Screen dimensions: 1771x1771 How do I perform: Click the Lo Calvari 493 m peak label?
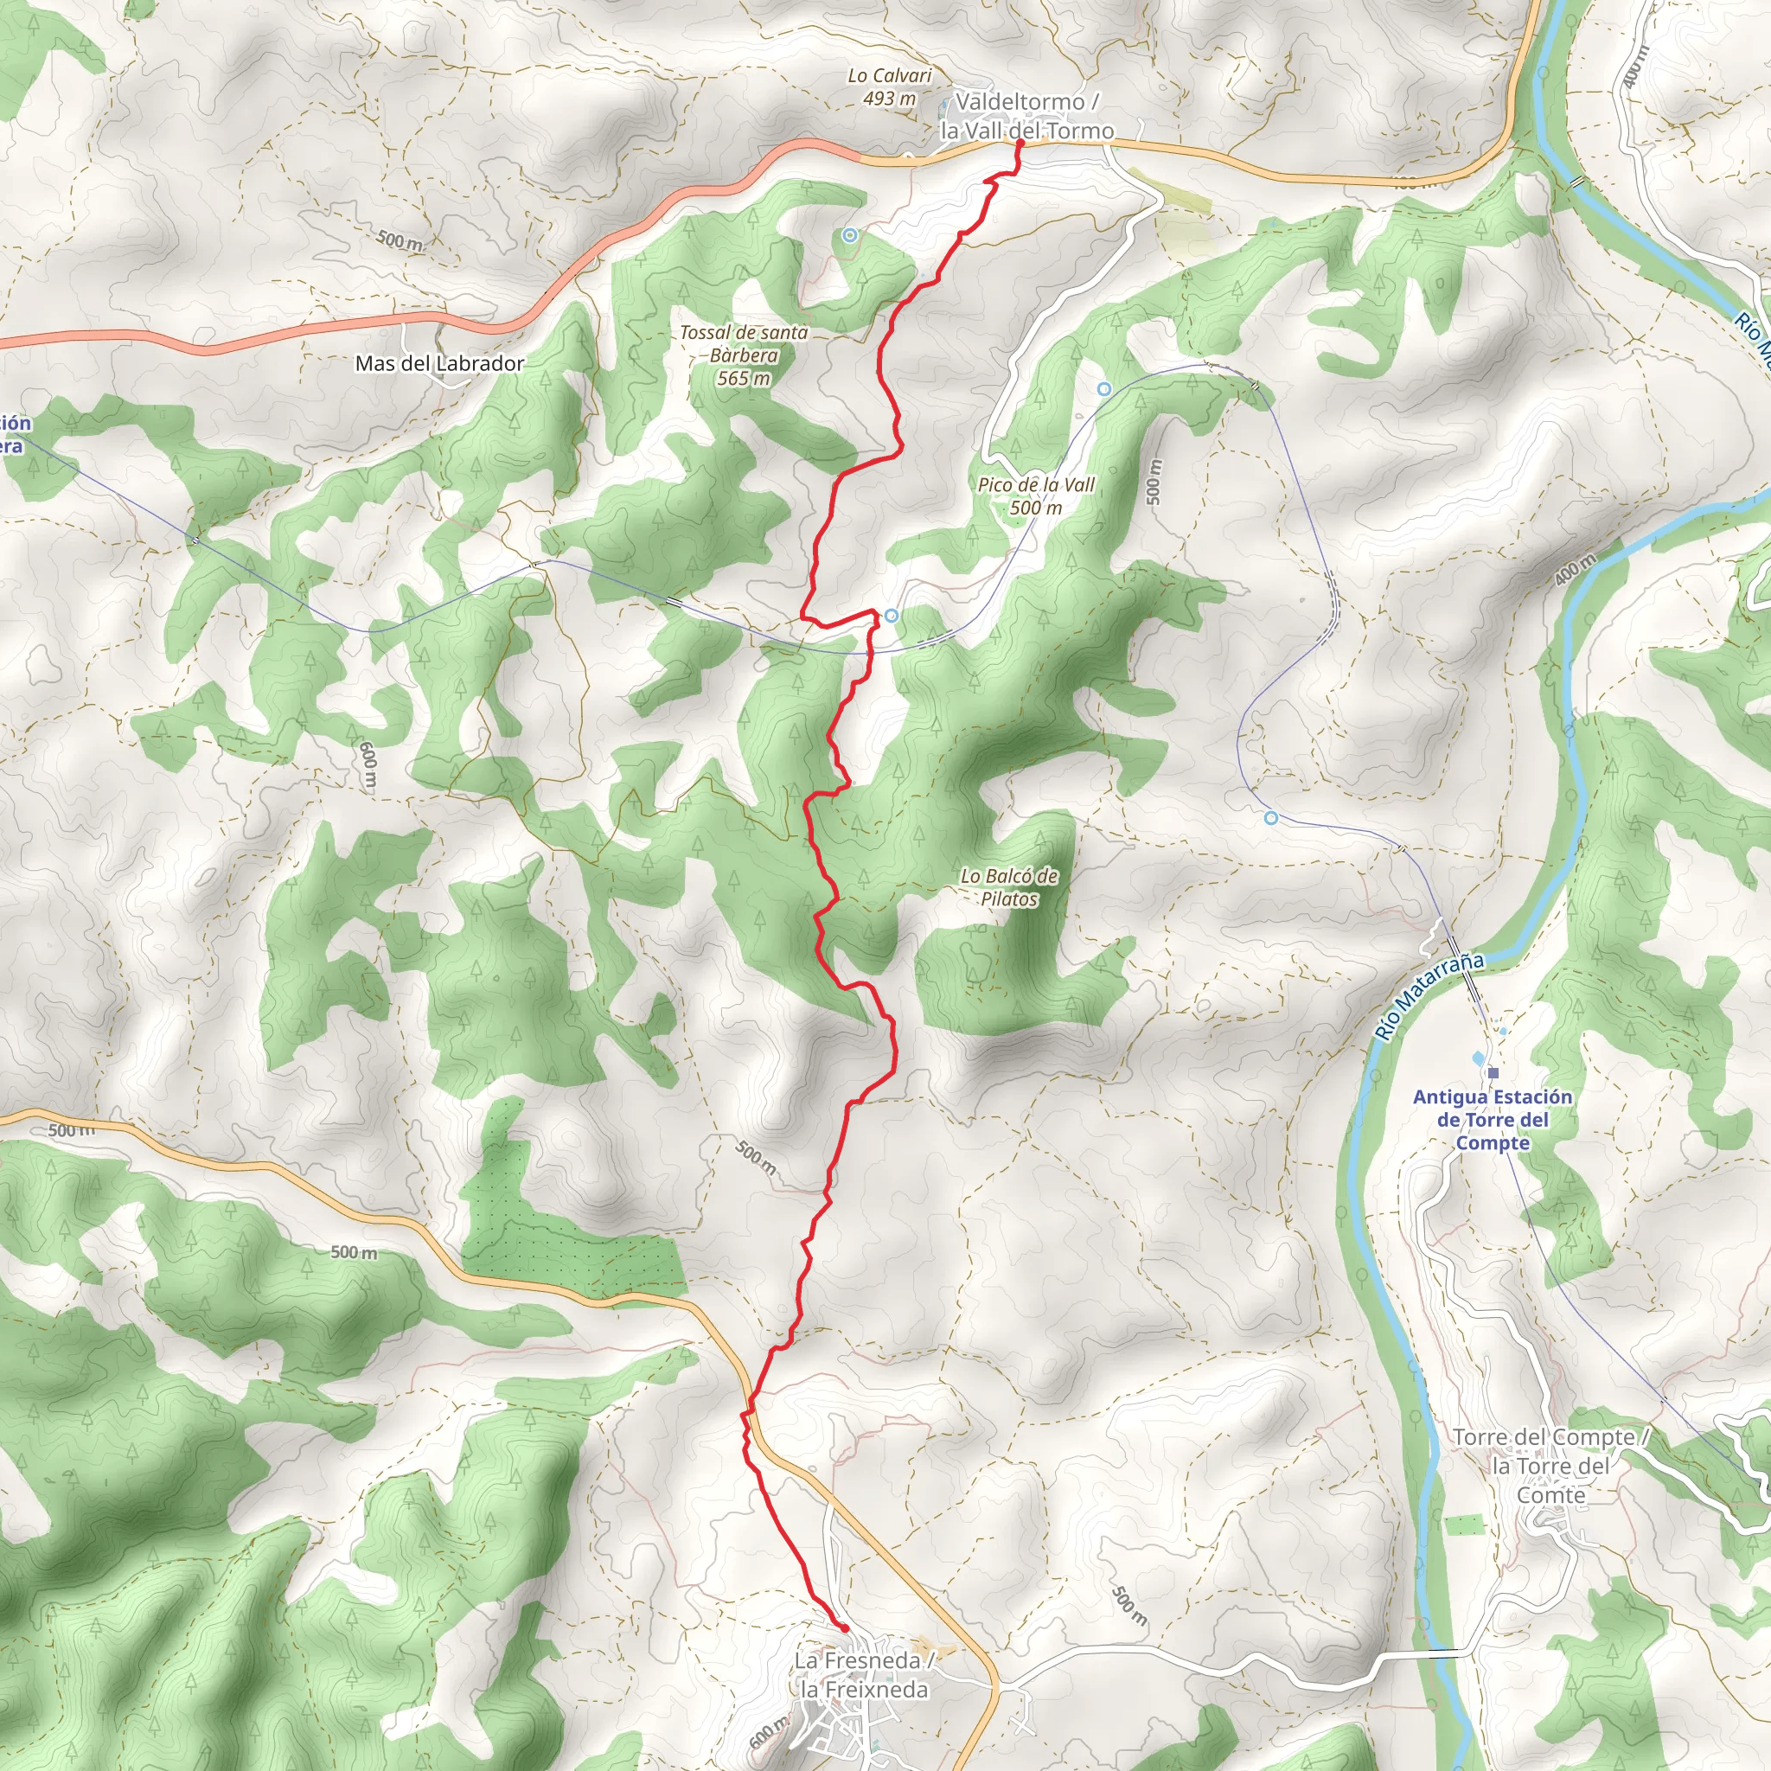(x=889, y=87)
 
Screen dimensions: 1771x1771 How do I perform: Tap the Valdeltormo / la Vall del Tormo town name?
(x=1026, y=117)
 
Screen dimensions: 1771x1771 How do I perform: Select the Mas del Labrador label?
(x=439, y=364)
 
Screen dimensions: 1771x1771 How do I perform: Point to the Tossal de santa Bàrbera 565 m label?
(x=744, y=355)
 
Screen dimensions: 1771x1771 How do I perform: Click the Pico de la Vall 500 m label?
(x=1036, y=495)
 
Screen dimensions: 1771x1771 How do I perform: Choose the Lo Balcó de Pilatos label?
(x=1009, y=887)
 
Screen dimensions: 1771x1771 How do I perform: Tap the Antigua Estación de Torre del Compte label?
(x=1493, y=1119)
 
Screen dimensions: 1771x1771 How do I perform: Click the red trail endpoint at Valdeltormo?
(x=1020, y=142)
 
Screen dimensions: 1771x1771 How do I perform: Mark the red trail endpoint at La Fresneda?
(x=844, y=1628)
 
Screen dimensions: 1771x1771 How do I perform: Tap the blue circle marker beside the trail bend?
(x=891, y=615)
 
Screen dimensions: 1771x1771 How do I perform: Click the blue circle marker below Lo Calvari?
(x=850, y=235)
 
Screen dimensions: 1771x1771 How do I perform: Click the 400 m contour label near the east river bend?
(x=1575, y=570)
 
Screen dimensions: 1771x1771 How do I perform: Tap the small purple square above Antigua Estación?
(x=1493, y=1072)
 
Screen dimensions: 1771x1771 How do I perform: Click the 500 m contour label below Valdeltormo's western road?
(x=400, y=241)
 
